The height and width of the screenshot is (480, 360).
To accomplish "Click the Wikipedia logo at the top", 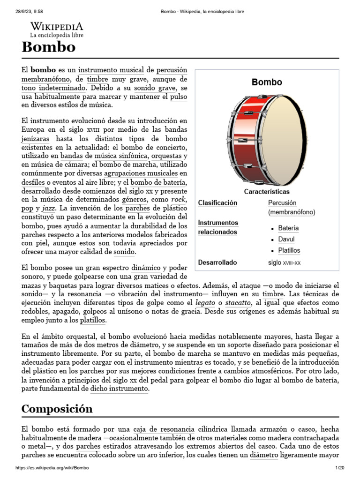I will (x=57, y=29).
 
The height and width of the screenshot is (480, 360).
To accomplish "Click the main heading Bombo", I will (x=48, y=47).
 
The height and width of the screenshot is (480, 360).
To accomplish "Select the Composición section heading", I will (x=57, y=409).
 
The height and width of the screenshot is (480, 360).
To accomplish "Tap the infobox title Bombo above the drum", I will (x=267, y=82).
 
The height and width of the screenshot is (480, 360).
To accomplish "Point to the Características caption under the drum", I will (x=267, y=192).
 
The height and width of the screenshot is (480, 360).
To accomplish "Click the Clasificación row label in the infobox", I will (x=217, y=203).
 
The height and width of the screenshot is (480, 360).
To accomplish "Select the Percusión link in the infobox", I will (x=282, y=203).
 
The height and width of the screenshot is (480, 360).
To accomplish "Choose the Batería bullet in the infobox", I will (x=288, y=228).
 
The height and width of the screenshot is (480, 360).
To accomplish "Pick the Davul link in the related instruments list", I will (x=286, y=240).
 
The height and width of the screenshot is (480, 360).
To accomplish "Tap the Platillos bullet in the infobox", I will (x=289, y=251).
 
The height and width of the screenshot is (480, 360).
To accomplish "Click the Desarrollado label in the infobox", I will (x=217, y=262).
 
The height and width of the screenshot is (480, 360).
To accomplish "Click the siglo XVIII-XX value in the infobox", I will (x=284, y=263).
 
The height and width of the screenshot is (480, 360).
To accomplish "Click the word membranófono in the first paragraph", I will (x=46, y=79).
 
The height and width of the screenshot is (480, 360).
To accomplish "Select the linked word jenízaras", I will (x=35, y=139).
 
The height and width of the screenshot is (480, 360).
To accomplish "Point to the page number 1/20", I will (x=339, y=468).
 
